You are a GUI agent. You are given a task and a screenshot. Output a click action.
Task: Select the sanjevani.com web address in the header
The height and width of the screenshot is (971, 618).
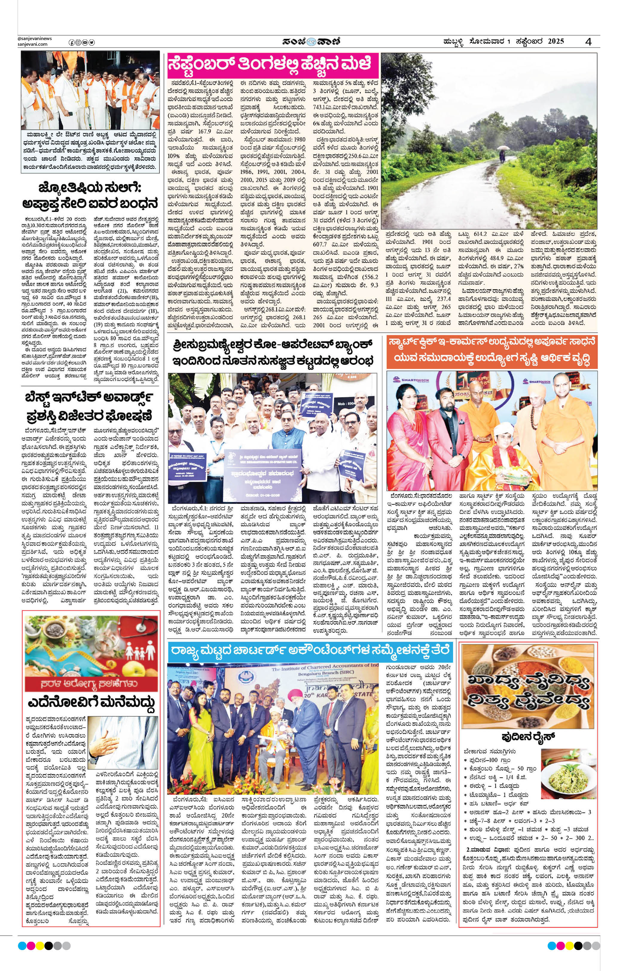pos(33,44)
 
